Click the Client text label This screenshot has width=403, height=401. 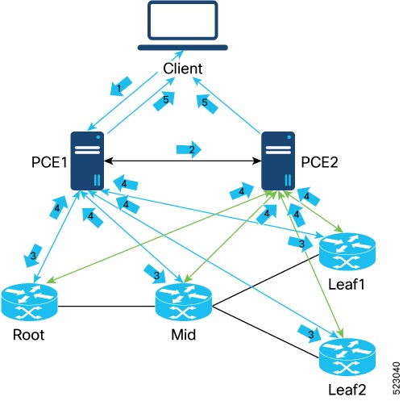pos(183,69)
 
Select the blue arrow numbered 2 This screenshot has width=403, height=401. pos(190,150)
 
